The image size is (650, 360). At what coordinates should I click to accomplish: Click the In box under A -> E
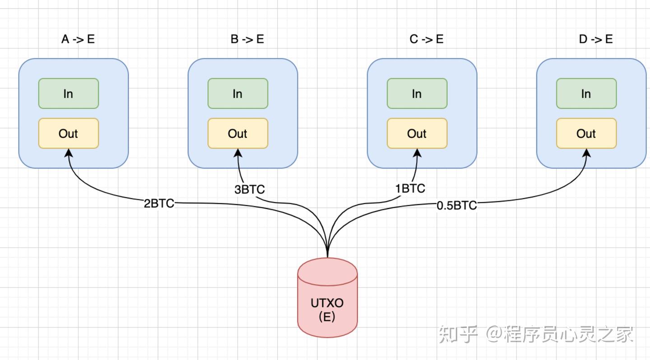(68, 94)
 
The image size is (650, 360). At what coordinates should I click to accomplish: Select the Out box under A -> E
(68, 133)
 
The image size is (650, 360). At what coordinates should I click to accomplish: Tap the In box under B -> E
(237, 94)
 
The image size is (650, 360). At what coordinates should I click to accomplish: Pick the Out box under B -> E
(237, 133)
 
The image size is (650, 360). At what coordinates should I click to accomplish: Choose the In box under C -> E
(417, 94)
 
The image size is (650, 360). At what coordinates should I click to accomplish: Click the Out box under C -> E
(417, 133)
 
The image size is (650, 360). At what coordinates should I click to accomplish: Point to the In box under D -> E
(586, 94)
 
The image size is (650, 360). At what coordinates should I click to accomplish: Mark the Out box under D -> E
(586, 133)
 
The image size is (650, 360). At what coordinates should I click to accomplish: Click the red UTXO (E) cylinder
(327, 303)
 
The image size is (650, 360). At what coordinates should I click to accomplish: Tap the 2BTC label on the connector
(159, 203)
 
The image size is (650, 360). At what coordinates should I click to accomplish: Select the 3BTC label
(249, 189)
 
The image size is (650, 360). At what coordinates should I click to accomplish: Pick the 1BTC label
(410, 188)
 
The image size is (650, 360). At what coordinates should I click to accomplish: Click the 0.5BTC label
(456, 206)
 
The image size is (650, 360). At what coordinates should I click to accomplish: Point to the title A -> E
(78, 39)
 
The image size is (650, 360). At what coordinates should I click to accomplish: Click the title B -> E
(247, 39)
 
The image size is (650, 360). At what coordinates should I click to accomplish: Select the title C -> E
(426, 39)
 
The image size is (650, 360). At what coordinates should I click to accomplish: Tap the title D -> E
(595, 39)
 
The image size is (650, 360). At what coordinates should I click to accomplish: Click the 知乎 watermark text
(458, 335)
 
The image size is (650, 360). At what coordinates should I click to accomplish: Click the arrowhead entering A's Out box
(69, 153)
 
